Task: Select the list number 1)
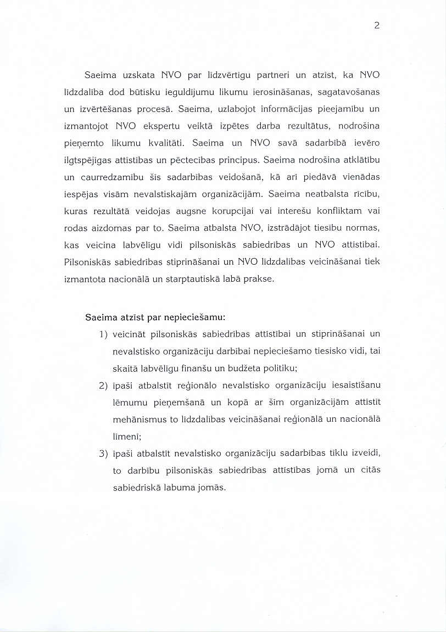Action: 103,334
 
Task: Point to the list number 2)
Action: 103,386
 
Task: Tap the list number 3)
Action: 103,454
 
